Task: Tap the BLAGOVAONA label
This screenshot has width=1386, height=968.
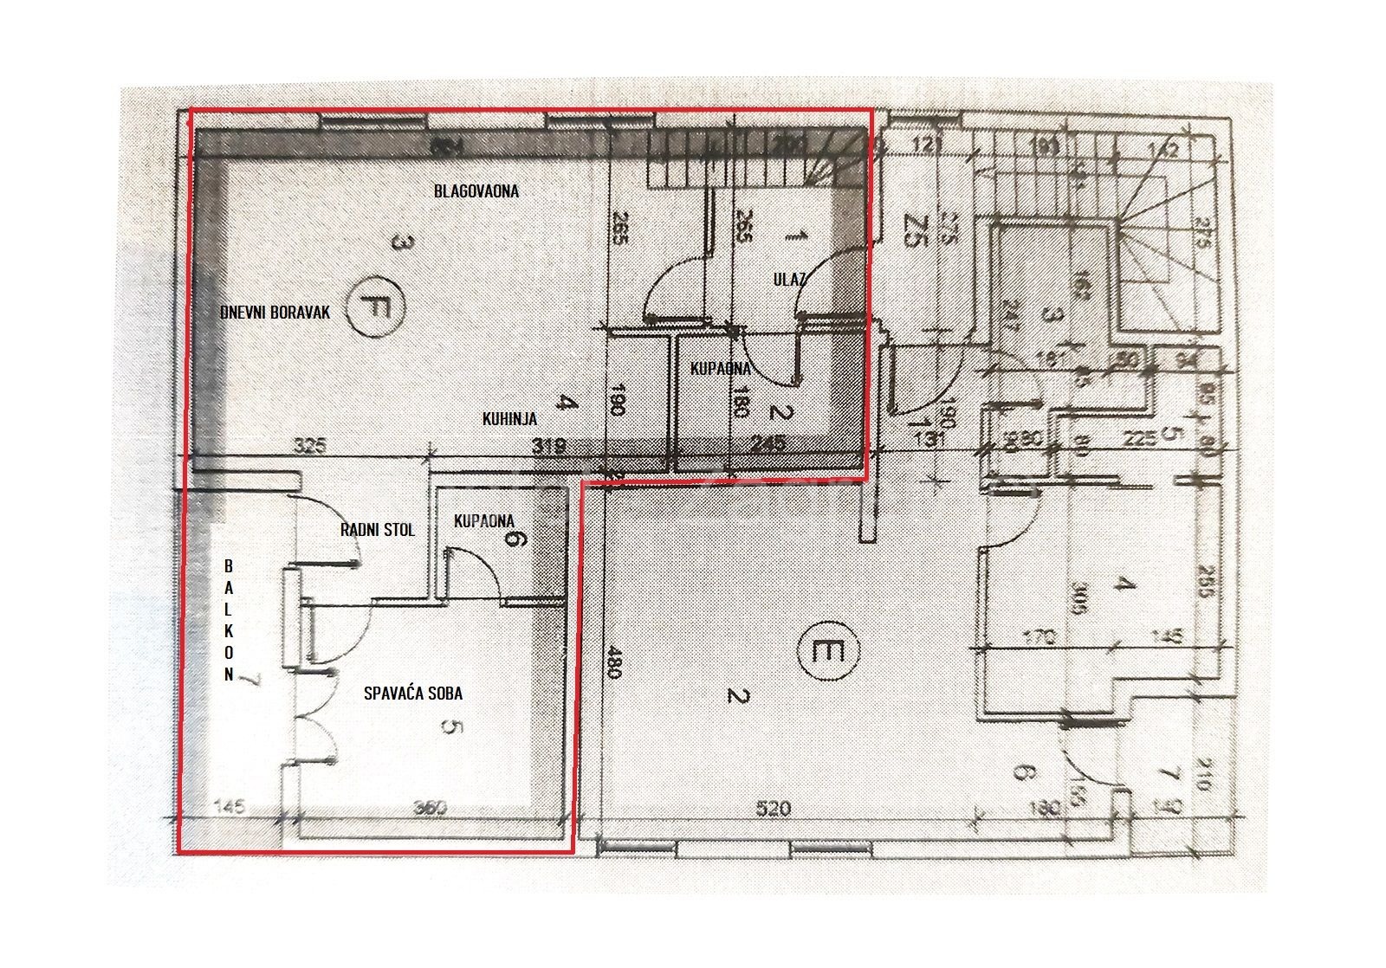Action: (476, 190)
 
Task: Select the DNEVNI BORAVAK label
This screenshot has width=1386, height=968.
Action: (275, 313)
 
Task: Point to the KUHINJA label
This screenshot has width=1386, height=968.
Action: (509, 419)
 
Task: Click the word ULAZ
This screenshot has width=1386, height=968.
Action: (790, 279)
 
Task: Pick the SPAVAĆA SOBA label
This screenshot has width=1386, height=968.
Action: (413, 693)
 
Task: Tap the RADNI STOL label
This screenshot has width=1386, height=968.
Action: (377, 530)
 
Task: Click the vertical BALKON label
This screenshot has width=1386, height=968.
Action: (229, 620)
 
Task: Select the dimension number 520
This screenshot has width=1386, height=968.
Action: (774, 809)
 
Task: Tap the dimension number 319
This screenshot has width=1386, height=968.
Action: (548, 447)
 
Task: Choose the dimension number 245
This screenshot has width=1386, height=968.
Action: (768, 445)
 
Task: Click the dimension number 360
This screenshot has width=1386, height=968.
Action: (430, 809)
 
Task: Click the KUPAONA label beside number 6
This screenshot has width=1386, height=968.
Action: (484, 521)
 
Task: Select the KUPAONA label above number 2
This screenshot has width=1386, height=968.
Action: (720, 369)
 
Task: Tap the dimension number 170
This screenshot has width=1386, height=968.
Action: (1039, 638)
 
